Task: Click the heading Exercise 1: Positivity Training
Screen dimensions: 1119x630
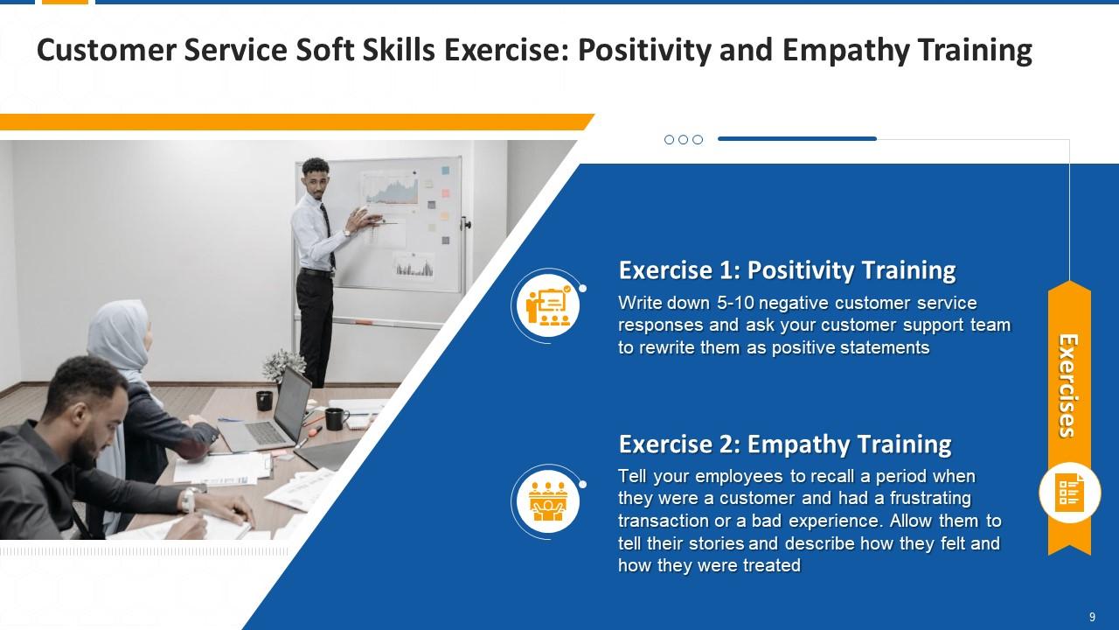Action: pos(787,270)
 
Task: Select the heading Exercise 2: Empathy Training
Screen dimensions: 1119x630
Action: pos(785,444)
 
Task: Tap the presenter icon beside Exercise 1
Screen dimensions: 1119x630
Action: pos(548,306)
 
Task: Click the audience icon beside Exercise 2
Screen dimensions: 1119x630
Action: pos(548,501)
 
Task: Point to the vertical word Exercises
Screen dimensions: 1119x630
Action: pos(1069,386)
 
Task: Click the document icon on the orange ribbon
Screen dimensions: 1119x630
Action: pos(1069,493)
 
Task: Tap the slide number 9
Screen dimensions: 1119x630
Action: pos(1092,617)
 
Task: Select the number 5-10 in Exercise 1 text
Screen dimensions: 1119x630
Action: pos(735,303)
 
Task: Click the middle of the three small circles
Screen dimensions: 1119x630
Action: pos(684,139)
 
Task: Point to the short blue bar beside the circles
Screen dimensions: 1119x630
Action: pos(797,138)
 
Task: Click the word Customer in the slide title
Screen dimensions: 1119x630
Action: pos(107,51)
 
